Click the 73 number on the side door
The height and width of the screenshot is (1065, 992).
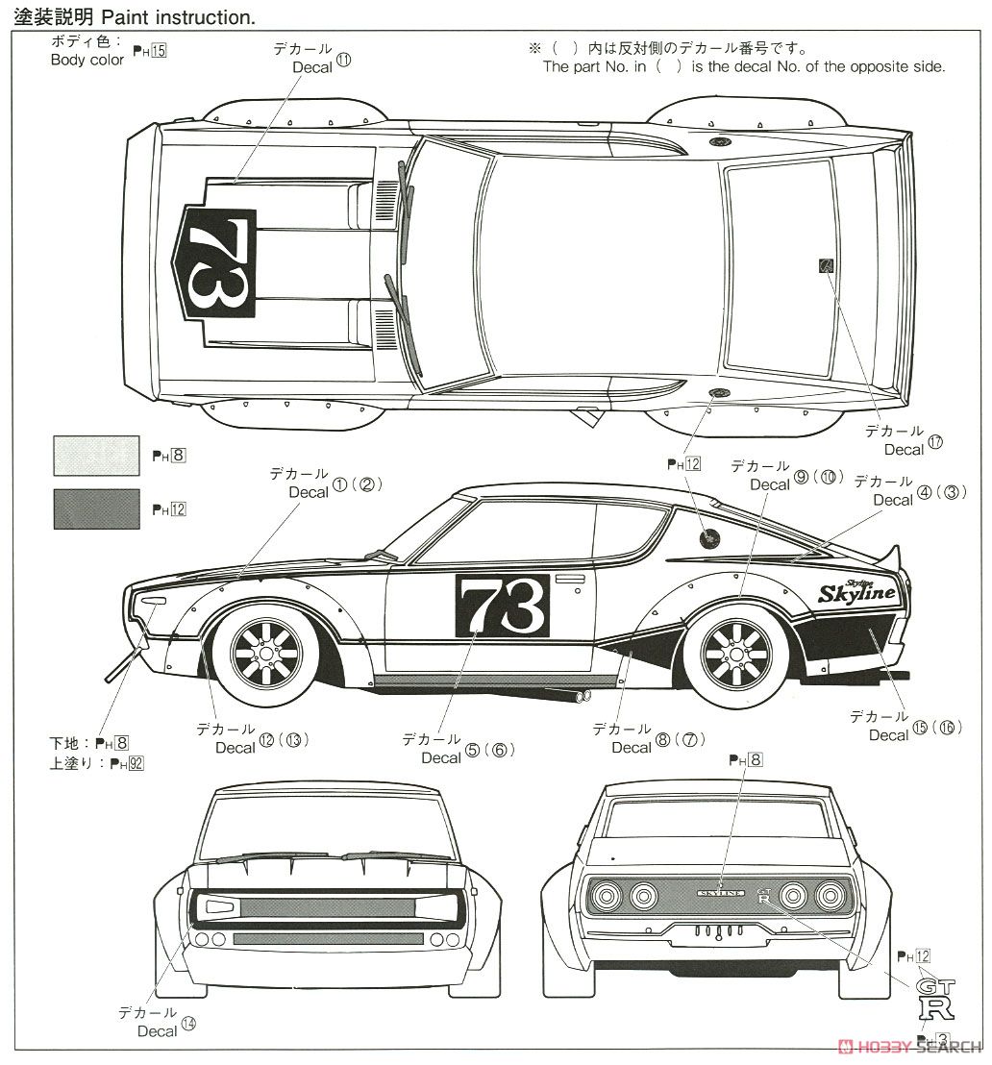502,606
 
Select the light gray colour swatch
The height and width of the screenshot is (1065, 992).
94,455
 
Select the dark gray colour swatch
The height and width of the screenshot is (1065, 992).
94,508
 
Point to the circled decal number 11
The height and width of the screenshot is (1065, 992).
344,60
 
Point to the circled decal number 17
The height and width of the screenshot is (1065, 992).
935,442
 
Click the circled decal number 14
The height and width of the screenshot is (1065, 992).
187,1025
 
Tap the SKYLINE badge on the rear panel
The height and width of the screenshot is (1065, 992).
721,893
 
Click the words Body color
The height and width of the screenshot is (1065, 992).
87,60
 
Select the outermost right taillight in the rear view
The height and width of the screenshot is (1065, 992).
830,896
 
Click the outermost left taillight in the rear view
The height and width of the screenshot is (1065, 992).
608,897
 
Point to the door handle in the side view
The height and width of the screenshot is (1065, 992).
570,579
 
